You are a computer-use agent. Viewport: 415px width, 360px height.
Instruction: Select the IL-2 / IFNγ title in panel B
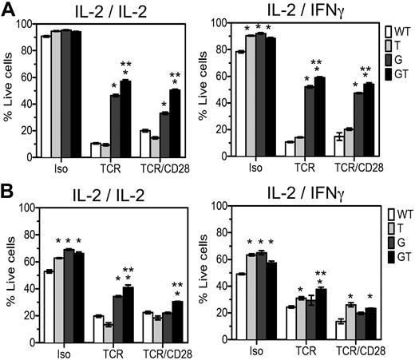[x=291, y=196]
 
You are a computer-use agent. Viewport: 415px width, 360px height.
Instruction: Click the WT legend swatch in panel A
[x=385, y=36]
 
